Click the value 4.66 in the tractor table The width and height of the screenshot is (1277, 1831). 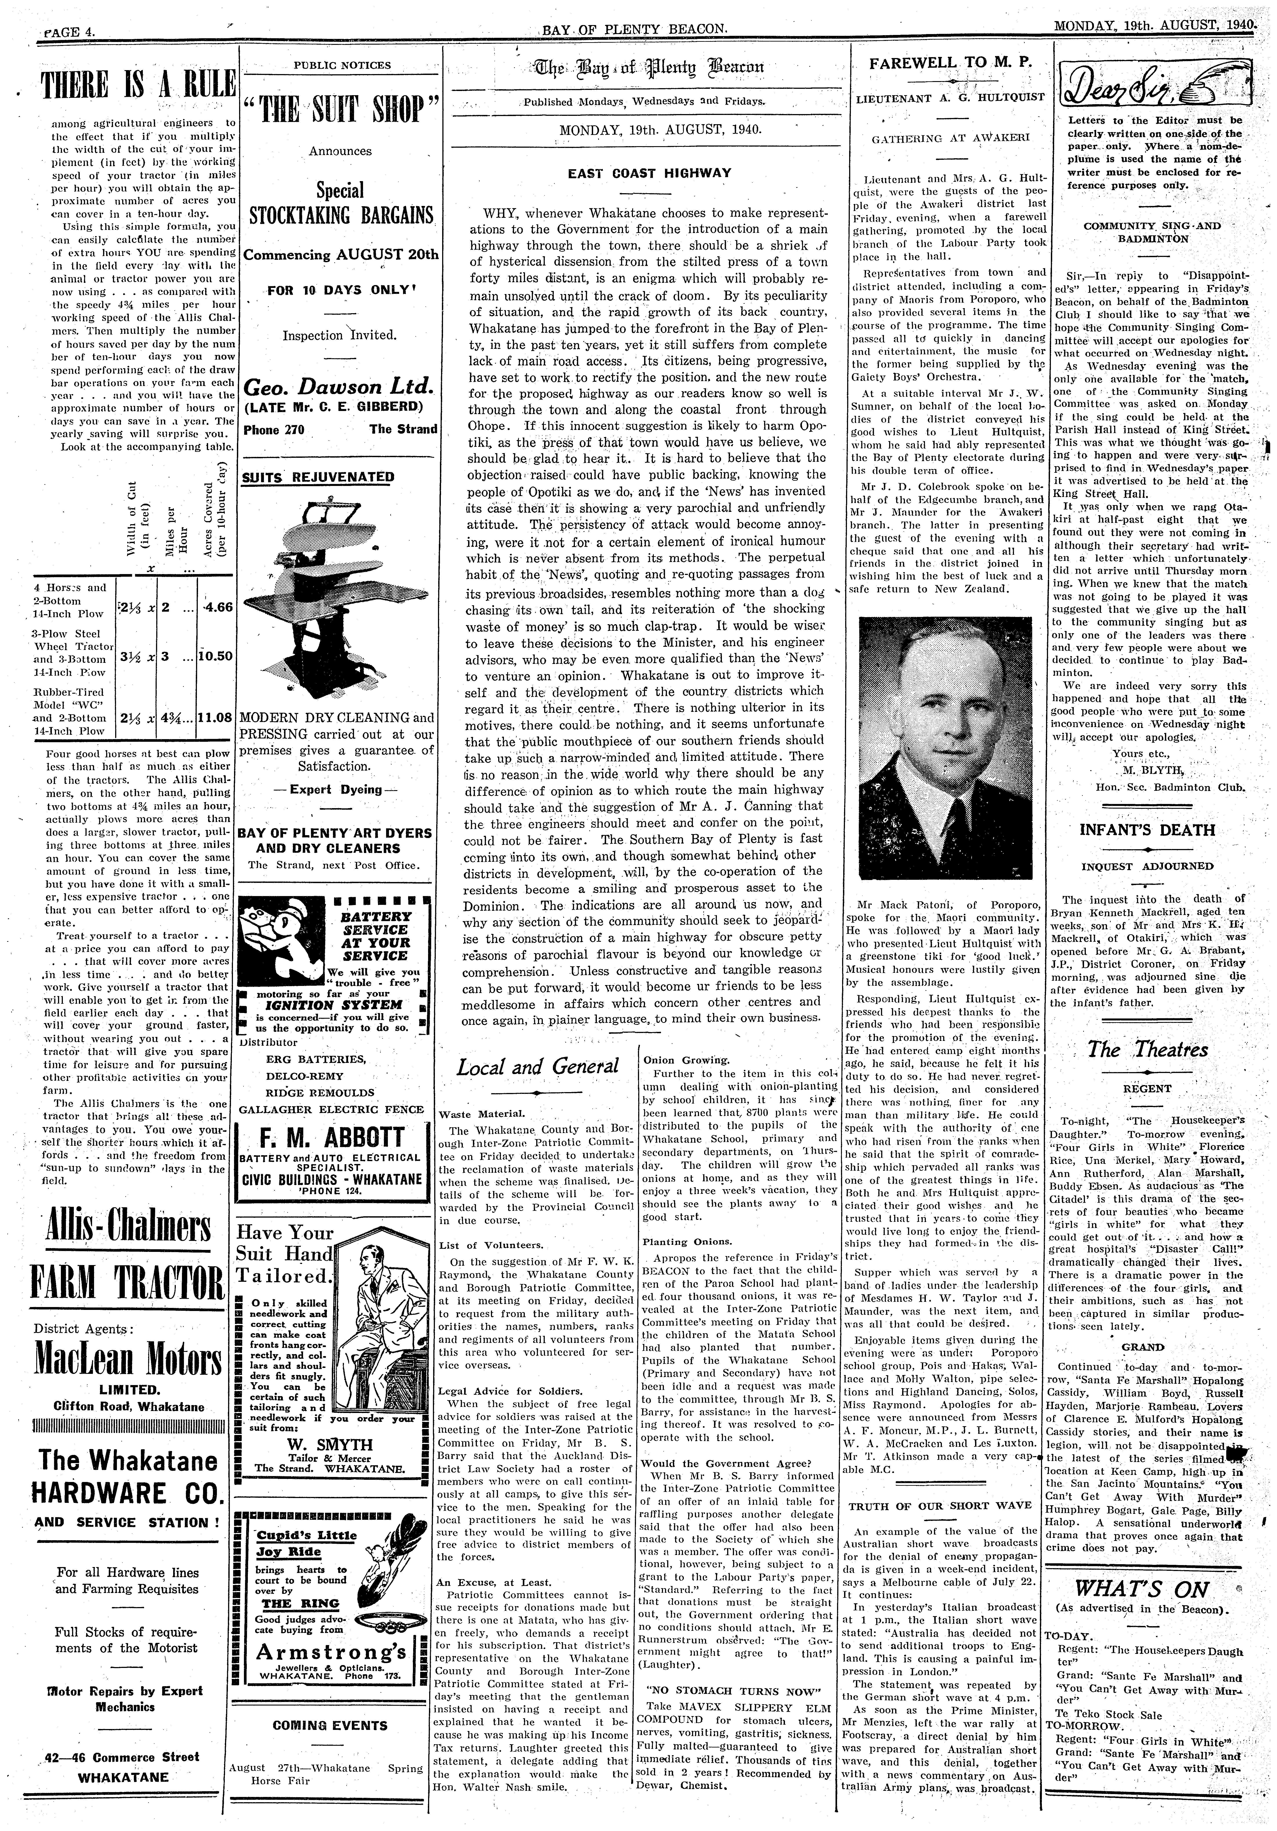217,607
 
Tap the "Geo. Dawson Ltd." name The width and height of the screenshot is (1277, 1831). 338,388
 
